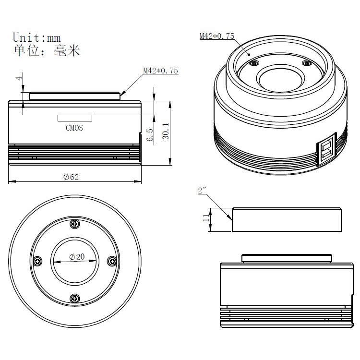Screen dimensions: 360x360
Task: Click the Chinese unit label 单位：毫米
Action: (x=46, y=50)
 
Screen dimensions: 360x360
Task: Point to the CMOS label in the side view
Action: (x=74, y=128)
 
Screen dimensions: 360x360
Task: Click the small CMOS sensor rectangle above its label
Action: (x=75, y=118)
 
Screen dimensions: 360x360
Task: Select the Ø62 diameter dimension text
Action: (x=71, y=177)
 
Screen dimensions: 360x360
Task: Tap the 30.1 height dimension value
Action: (x=165, y=130)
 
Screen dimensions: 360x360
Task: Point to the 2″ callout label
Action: (x=202, y=191)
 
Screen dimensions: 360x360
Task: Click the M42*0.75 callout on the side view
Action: (x=160, y=71)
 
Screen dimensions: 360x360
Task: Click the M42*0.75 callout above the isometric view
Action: (x=216, y=36)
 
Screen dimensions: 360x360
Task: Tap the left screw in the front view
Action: (x=38, y=261)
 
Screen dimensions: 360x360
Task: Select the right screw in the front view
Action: (x=112, y=261)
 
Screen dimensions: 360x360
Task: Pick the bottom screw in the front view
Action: (x=75, y=299)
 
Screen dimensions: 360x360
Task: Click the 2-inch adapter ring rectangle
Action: (x=287, y=219)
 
